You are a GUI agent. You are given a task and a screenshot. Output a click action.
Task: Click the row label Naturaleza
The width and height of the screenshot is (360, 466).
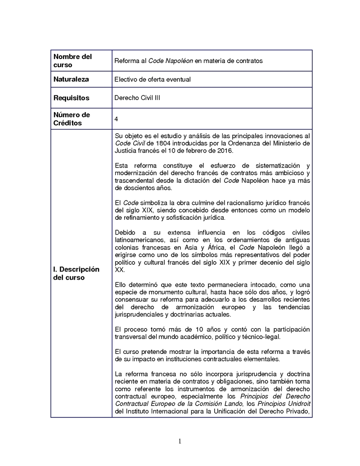coord(71,79)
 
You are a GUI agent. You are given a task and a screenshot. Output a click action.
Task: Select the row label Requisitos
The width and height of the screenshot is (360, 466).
coord(71,98)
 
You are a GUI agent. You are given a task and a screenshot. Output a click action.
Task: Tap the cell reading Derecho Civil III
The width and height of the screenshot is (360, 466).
coord(137,98)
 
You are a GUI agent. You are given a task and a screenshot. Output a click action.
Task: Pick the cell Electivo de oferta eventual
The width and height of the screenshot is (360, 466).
coord(153,79)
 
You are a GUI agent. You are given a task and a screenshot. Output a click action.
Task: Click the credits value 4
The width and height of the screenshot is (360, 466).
coord(117,119)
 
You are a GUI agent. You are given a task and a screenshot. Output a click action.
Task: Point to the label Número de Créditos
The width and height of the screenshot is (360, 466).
coord(72,119)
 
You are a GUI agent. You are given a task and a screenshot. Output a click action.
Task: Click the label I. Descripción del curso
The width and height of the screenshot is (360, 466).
coord(76,273)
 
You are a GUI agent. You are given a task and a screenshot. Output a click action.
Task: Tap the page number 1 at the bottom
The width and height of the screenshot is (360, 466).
coord(180,441)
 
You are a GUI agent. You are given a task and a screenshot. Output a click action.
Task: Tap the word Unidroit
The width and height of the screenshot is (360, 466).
coord(297,403)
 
